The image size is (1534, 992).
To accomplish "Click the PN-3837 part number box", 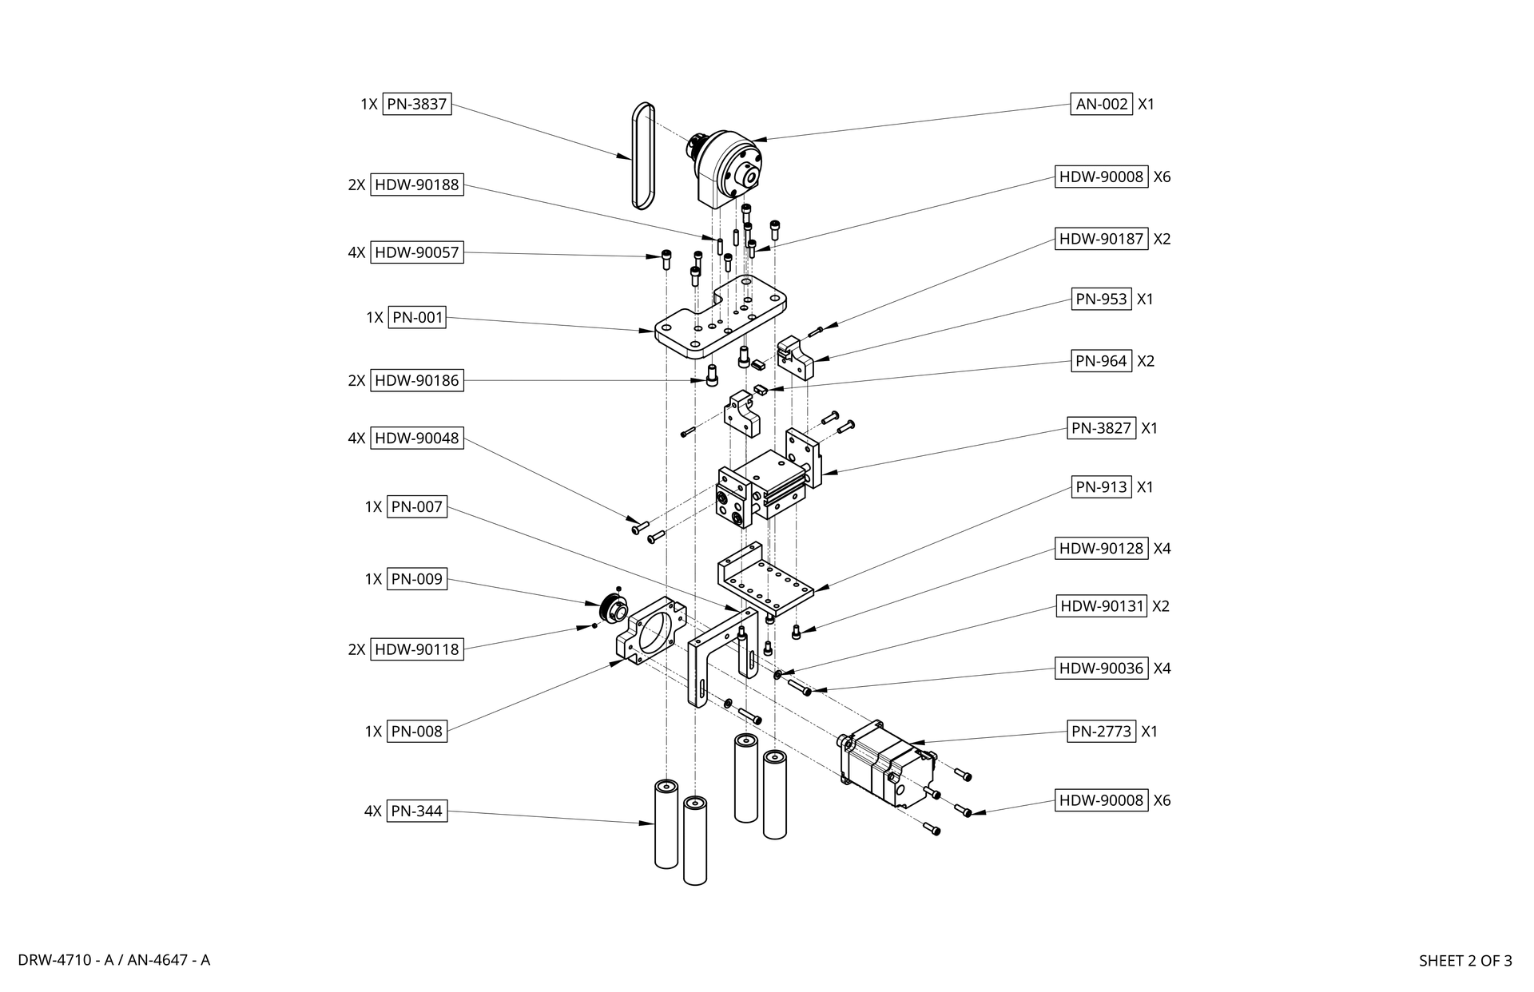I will coord(416,104).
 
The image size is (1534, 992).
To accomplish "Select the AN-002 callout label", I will coord(1101,104).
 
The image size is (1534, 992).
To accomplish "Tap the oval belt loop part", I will coord(642,156).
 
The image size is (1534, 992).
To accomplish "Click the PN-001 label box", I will coord(417,317).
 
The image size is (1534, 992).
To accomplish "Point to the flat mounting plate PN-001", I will coord(719,319).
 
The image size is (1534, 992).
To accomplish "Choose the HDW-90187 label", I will coord(1102,239).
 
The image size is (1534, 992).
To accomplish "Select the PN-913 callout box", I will coord(1101,487).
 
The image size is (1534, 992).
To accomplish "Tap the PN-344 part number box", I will coord(416,811).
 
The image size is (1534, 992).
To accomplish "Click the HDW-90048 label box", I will coord(416,438).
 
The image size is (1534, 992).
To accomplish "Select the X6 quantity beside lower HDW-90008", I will coord(1162,800).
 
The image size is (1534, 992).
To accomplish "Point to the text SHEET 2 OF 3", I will coord(1464,961).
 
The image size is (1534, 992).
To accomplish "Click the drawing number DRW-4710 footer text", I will coord(113,960).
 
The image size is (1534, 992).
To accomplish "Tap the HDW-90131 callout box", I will coord(1102,606).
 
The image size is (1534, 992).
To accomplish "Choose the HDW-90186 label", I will coord(416,380).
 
